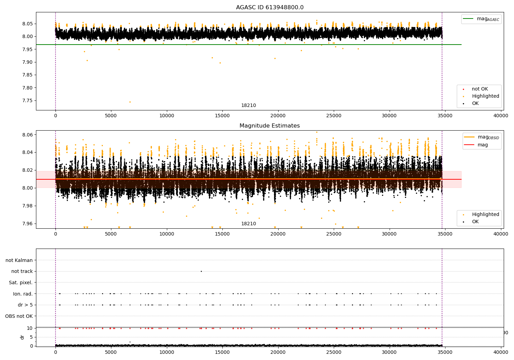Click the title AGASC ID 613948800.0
pyautogui.click(x=270, y=8)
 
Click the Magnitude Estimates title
pyautogui.click(x=270, y=126)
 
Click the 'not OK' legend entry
pyautogui.click(x=480, y=89)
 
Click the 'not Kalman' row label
pyautogui.click(x=19, y=260)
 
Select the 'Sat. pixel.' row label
pyautogui.click(x=21, y=283)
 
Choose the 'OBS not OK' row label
pyautogui.click(x=19, y=316)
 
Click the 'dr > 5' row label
pyautogui.click(x=25, y=305)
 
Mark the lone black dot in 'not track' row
pyautogui.click(x=201, y=271)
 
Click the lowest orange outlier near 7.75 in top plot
pyautogui.click(x=130, y=102)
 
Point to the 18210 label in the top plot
pyautogui.click(x=248, y=106)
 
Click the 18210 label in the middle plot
pyautogui.click(x=248, y=224)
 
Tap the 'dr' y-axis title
pyautogui.click(x=22, y=337)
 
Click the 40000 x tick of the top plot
pyautogui.click(x=501, y=116)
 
